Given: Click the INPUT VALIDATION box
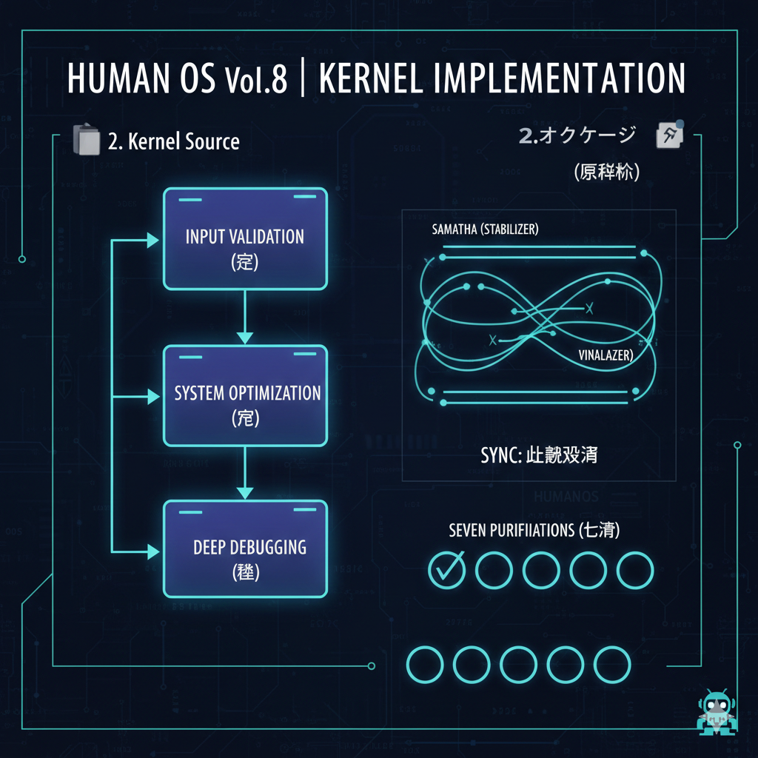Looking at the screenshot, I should pos(245,238).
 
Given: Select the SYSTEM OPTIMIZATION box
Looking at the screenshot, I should pos(245,396).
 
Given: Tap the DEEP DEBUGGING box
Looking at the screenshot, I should pos(245,549).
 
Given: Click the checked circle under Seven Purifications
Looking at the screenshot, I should pos(447,569).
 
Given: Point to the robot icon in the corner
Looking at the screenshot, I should pos(716,715).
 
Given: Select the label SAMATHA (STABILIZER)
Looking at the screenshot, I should pos(485,229).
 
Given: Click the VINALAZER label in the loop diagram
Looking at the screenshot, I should pos(605,355).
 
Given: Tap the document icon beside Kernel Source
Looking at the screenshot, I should pos(86,140).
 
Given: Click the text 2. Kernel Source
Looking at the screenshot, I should pos(173,141).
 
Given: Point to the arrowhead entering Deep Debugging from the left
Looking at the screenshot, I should pos(153,551).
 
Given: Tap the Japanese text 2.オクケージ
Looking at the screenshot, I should pos(577,135).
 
